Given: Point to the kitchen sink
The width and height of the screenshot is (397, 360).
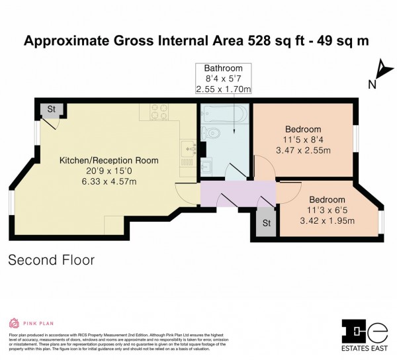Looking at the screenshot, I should (x=188, y=152).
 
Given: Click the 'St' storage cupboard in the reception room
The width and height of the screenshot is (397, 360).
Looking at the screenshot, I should (x=50, y=110).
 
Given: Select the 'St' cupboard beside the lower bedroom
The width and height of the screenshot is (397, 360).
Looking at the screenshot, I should (x=267, y=223).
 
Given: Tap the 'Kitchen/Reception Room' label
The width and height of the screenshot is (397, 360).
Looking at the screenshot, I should (x=109, y=160).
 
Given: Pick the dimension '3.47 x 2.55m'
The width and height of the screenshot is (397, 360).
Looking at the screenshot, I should (x=303, y=152).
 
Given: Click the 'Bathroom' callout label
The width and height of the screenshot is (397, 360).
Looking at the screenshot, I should (x=223, y=68).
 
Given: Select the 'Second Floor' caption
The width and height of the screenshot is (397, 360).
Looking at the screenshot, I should (x=51, y=260).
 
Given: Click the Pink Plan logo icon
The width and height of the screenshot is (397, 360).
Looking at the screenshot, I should (x=14, y=323).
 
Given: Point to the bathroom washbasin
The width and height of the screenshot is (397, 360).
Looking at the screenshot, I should (x=207, y=166).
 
